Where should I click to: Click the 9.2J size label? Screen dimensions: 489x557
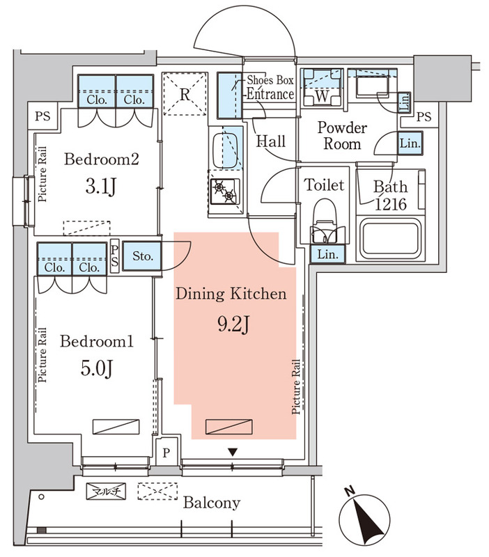[x=233, y=324]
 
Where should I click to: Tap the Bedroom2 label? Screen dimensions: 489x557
[x=101, y=159]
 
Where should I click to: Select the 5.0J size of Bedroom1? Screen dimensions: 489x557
[x=97, y=368]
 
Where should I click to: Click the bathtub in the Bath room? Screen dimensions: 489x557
[x=390, y=239]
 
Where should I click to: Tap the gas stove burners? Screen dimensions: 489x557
[x=224, y=191]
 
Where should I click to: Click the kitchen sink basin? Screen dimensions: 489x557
[x=225, y=150]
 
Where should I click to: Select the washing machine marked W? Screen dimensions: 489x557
[x=322, y=88]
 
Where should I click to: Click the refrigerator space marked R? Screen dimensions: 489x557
[x=185, y=94]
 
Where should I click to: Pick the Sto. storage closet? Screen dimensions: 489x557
[x=142, y=256]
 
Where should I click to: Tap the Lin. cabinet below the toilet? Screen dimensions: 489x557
[x=327, y=254]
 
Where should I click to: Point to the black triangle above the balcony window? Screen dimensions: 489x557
[x=233, y=452]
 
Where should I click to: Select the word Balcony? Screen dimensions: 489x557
[x=212, y=503]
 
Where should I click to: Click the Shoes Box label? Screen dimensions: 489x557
[x=270, y=80]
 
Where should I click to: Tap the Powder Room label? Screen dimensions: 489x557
[x=342, y=136]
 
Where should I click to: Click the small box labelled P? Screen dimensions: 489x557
[x=166, y=453]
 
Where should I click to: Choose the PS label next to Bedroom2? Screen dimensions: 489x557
[x=42, y=116]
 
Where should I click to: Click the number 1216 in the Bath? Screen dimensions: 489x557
[x=391, y=204]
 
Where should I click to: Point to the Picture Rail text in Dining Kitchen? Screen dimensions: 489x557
[x=295, y=387]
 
